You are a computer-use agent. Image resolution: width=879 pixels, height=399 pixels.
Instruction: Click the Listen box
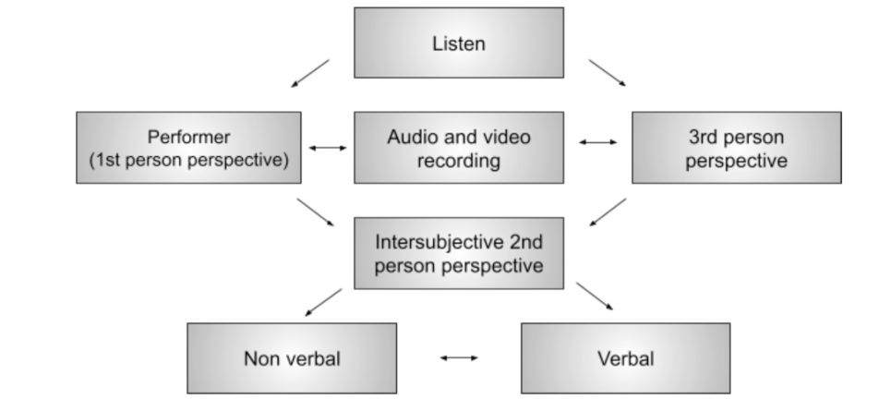tap(459, 42)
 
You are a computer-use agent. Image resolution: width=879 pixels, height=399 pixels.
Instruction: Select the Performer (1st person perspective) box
tap(188, 148)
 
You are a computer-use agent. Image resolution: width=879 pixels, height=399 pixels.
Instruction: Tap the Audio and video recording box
tap(459, 148)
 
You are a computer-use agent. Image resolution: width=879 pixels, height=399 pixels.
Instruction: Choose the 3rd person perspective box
tap(736, 148)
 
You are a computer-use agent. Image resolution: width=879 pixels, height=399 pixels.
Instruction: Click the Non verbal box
tap(292, 357)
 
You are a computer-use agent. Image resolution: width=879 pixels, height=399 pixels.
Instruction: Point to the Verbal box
tap(625, 357)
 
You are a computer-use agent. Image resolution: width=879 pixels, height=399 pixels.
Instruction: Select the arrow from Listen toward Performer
tap(310, 73)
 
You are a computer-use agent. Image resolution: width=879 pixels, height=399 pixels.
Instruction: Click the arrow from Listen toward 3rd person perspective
tap(607, 73)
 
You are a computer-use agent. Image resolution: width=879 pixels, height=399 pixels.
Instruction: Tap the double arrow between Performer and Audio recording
tap(328, 148)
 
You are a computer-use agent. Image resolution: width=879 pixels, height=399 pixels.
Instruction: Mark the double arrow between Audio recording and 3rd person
tap(597, 142)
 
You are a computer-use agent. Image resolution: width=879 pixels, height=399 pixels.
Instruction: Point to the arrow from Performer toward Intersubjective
tap(317, 212)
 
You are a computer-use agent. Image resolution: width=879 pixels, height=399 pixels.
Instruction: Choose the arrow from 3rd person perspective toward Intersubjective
tap(607, 212)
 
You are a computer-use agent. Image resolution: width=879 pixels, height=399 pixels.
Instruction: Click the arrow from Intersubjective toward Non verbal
tap(323, 303)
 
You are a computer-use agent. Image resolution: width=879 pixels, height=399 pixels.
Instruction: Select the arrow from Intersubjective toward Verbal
tap(595, 296)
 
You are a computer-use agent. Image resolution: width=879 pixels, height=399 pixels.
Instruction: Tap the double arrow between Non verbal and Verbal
tap(459, 357)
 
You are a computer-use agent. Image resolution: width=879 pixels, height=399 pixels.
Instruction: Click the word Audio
tap(411, 138)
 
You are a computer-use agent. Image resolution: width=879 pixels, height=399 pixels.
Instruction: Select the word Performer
tap(187, 138)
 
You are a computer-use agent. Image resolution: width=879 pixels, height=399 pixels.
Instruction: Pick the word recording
tap(459, 160)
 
